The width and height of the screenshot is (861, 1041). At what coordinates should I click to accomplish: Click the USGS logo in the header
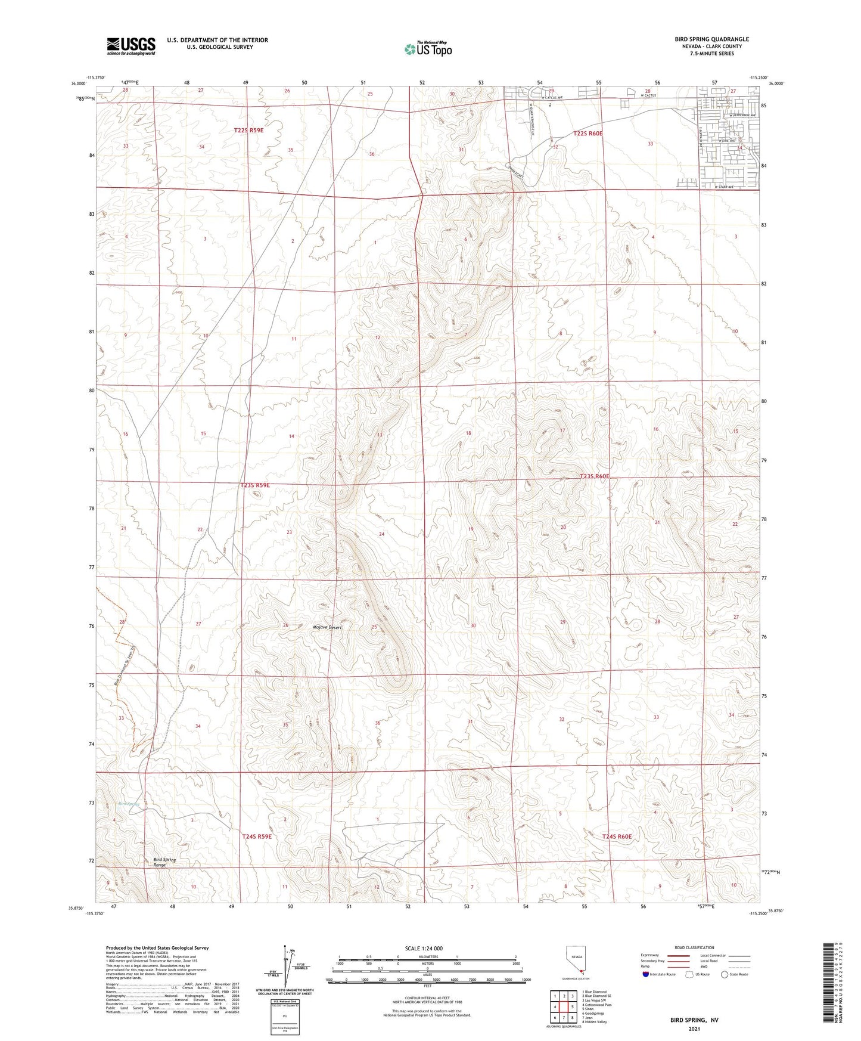point(130,46)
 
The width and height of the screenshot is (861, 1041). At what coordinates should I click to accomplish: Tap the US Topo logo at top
point(427,49)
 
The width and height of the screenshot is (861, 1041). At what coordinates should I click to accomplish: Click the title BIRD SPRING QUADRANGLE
point(711,39)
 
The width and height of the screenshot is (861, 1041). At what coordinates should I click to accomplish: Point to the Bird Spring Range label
point(164,862)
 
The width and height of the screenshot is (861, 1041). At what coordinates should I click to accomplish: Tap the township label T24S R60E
point(616,836)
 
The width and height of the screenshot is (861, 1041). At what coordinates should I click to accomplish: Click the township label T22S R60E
point(588,134)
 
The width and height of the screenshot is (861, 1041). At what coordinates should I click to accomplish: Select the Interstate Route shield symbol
point(646,974)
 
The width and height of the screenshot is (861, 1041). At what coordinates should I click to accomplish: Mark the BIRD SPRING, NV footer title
point(694,1020)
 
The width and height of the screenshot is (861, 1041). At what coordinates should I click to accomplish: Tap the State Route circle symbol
point(725,974)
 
